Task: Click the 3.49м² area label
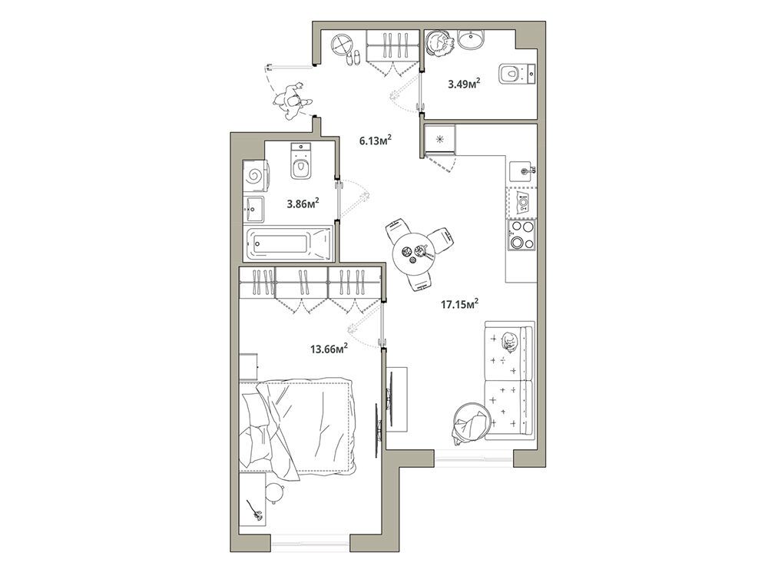(463, 84)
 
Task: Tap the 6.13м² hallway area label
(376, 140)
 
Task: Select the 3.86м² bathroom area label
(303, 203)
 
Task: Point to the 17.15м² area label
(459, 304)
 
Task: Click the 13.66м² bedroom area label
(329, 348)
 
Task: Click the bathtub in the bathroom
(288, 243)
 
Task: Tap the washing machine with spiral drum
(255, 175)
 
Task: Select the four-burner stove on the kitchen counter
(521, 234)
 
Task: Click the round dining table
(415, 255)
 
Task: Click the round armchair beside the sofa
(472, 422)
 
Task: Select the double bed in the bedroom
(299, 425)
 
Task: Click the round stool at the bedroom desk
(275, 493)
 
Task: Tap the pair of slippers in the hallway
(353, 58)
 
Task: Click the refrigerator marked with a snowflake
(439, 140)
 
